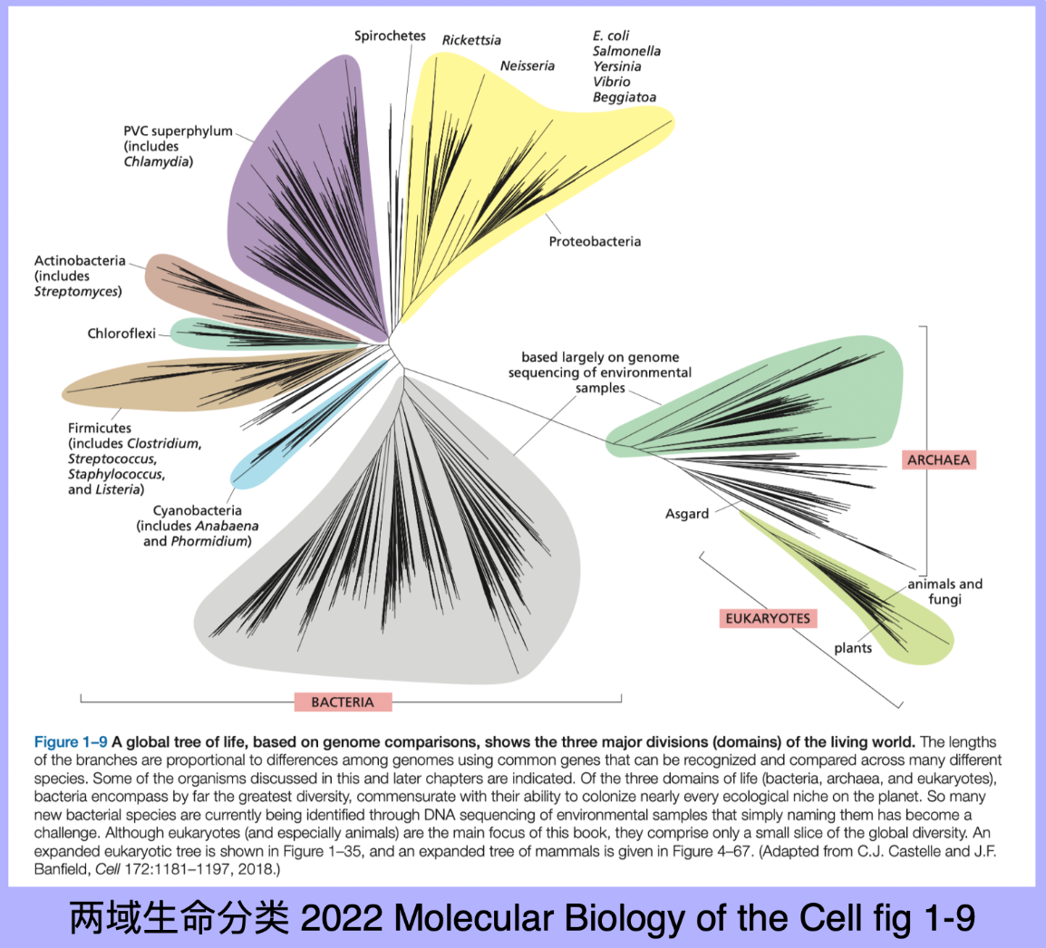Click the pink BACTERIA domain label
click(x=343, y=701)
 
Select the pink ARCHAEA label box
click(x=938, y=459)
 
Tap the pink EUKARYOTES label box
click(x=768, y=618)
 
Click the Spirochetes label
click(x=390, y=36)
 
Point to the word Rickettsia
click(x=471, y=40)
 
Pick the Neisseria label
click(x=527, y=66)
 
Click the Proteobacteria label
click(x=595, y=241)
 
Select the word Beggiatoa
click(x=625, y=97)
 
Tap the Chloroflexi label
click(x=121, y=334)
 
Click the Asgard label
click(x=687, y=514)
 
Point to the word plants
click(x=853, y=648)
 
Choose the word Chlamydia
click(x=159, y=162)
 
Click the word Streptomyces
click(x=78, y=291)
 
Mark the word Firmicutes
click(x=100, y=428)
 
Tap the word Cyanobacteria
click(x=197, y=510)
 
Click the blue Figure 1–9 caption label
click(x=71, y=742)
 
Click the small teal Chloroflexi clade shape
click(x=208, y=334)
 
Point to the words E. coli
click(x=611, y=35)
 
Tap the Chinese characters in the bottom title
click(x=179, y=917)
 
